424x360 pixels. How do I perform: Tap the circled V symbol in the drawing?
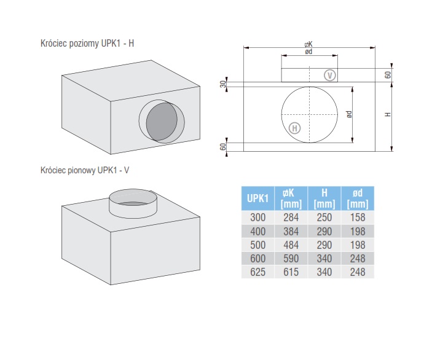click(331, 76)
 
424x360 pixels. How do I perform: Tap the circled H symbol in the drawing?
click(294, 128)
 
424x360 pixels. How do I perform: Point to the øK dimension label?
click(308, 44)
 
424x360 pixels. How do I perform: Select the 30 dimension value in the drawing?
click(223, 84)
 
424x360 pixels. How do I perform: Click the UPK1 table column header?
click(257, 198)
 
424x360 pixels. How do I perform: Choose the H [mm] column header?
click(324, 198)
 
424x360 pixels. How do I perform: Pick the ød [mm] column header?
click(357, 198)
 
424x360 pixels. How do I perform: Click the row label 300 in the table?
click(257, 217)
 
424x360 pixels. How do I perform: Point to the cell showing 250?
click(324, 217)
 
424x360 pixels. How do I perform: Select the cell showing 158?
click(357, 217)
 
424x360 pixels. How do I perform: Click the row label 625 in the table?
click(257, 272)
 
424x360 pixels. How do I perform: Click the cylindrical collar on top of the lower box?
click(132, 202)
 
